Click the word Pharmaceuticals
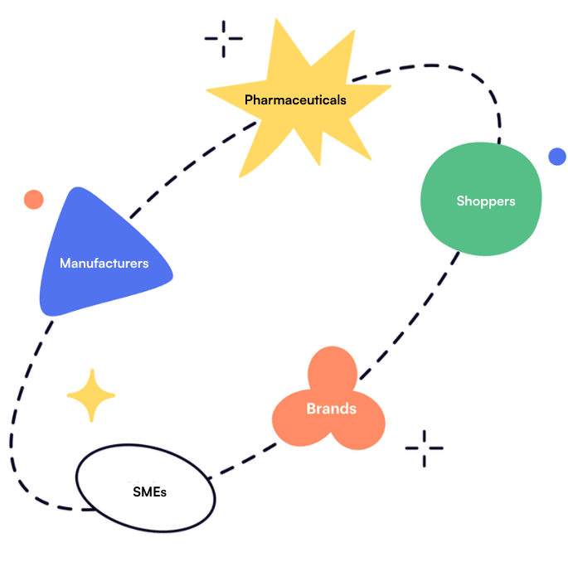pos(295,99)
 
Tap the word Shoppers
pos(485,201)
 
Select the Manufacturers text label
pos(104,264)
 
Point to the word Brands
pos(331,409)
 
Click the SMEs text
pos(149,491)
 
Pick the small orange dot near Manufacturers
pos(33,200)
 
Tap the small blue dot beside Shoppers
pos(556,157)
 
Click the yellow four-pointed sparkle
pos(91,395)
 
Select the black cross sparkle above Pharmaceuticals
pos(223,38)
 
